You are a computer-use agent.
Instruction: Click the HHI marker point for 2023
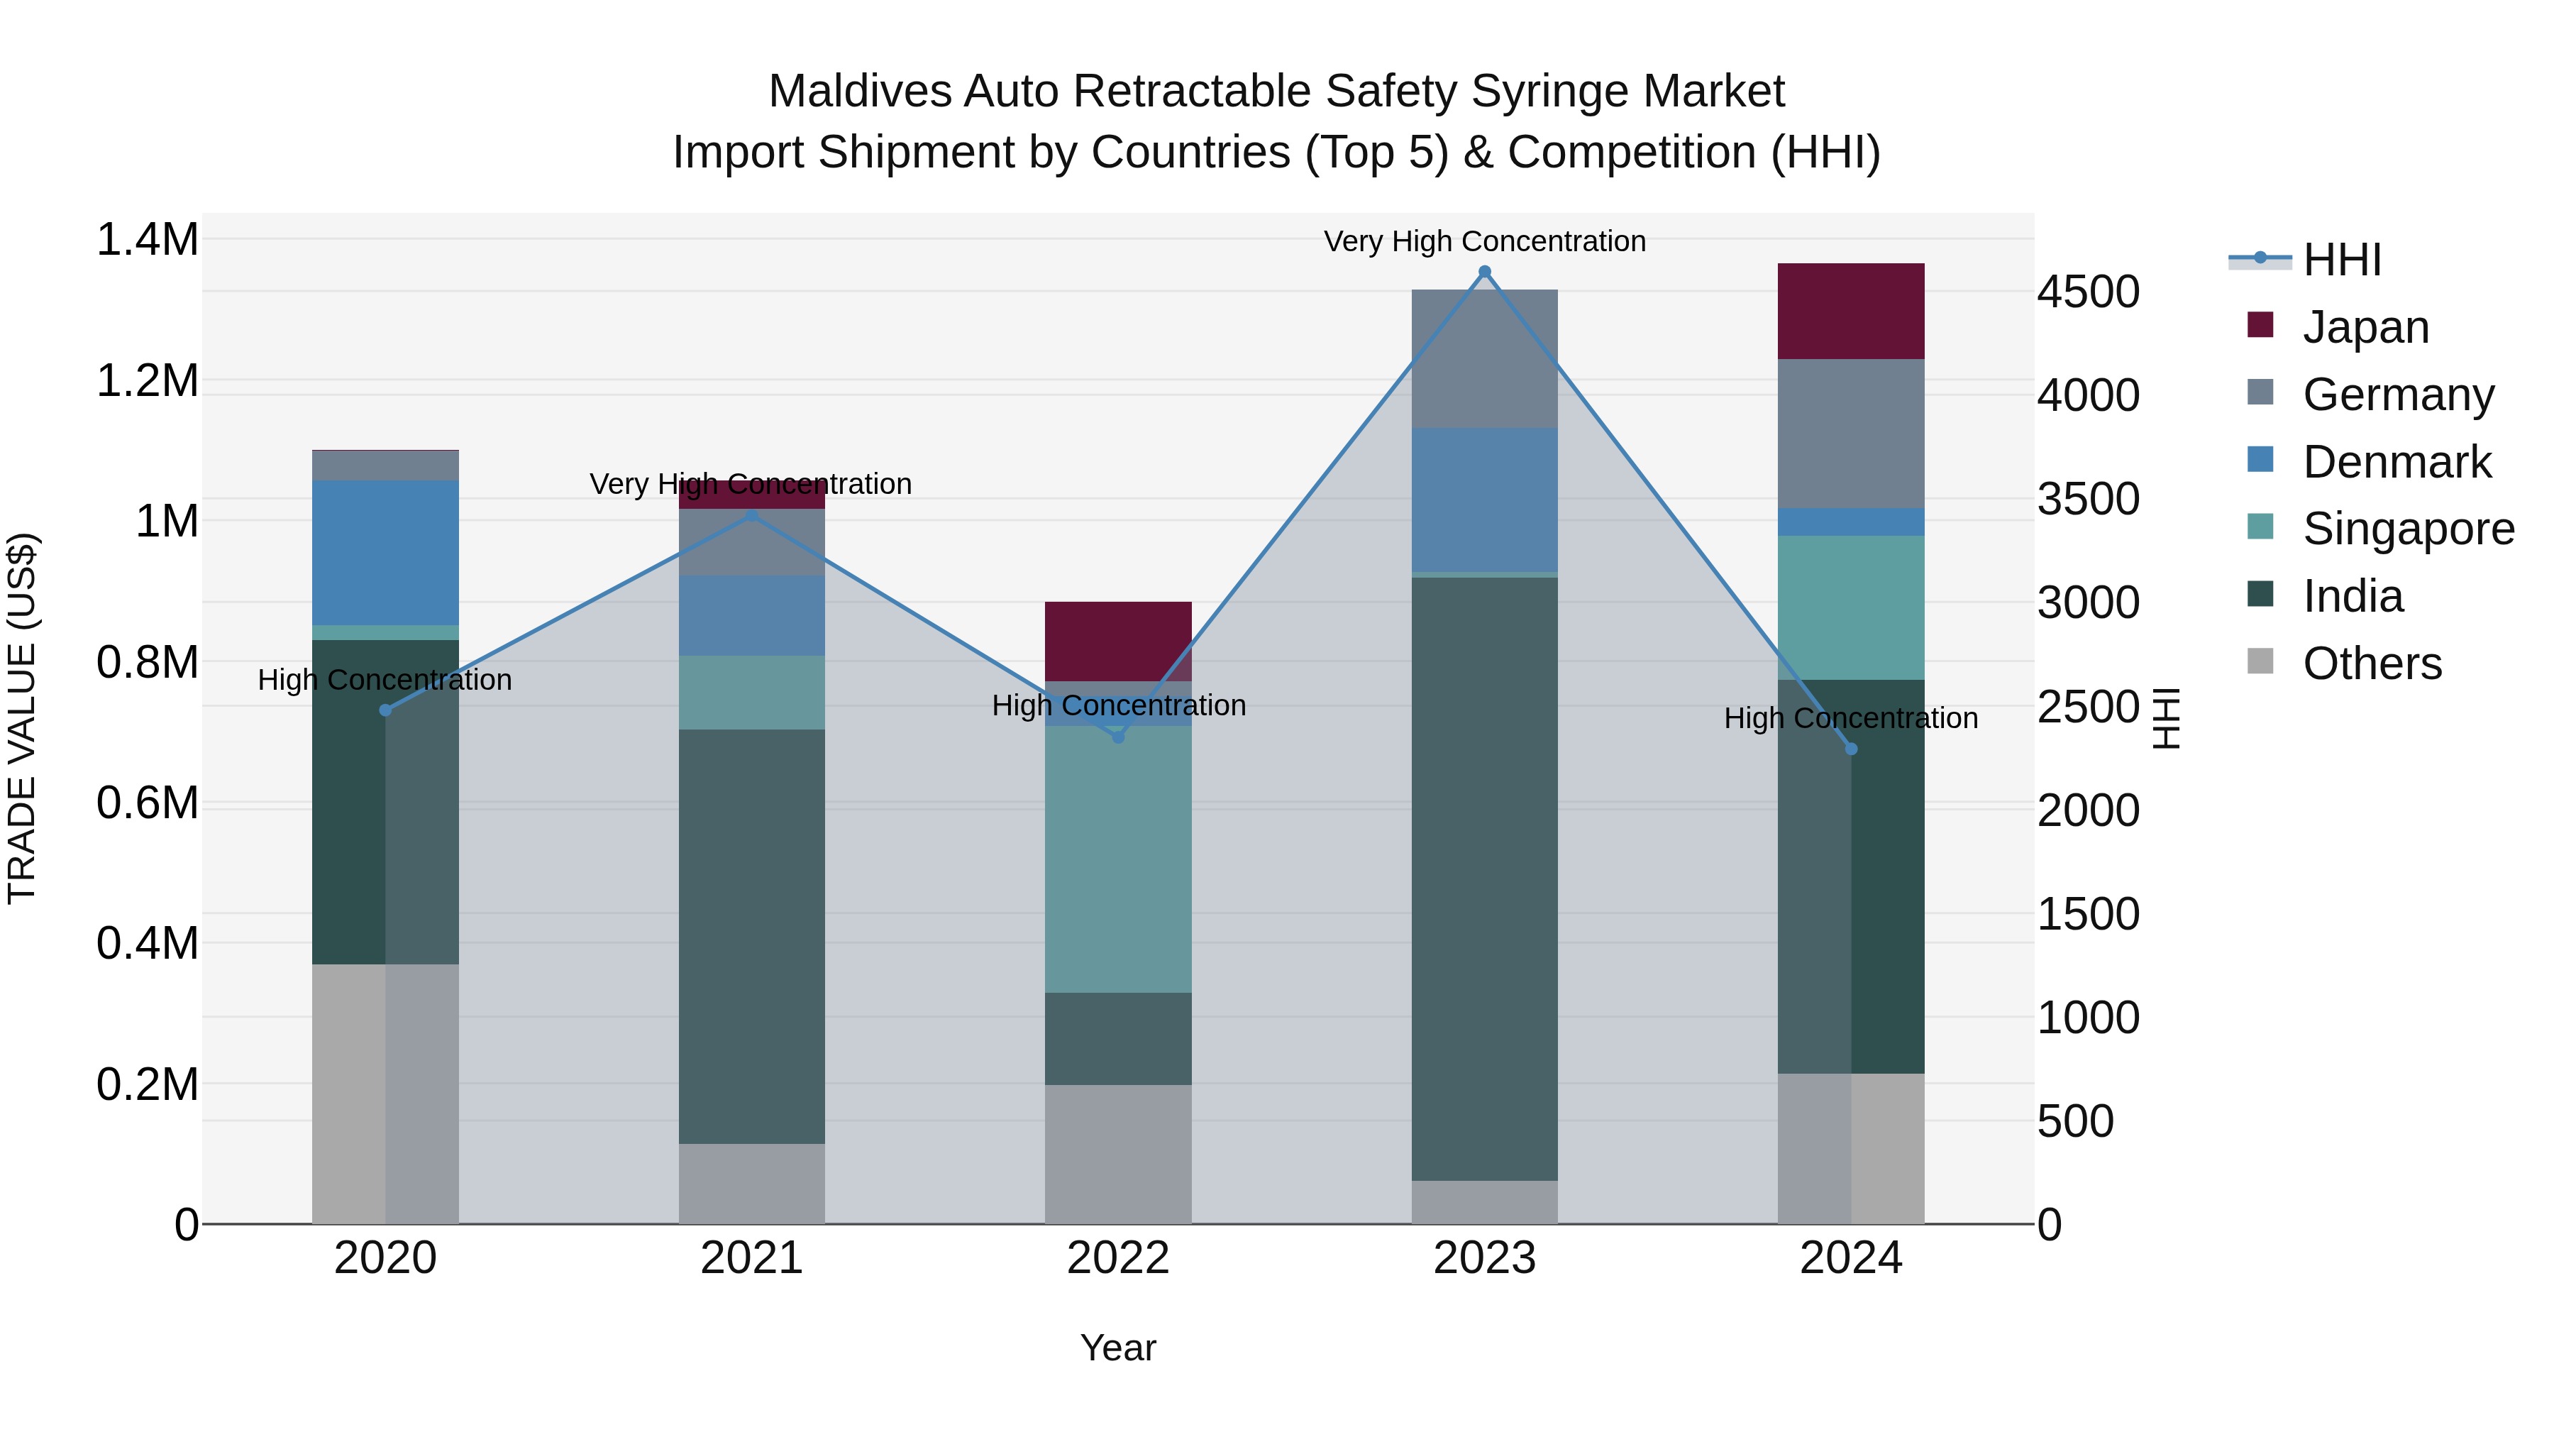[1484, 272]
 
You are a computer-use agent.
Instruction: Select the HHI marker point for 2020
[386, 710]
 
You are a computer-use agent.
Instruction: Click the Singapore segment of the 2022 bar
[1117, 859]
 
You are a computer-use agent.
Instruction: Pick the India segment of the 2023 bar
[1484, 879]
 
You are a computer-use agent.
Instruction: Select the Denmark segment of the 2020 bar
[386, 552]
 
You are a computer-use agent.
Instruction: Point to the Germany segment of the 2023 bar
[1484, 359]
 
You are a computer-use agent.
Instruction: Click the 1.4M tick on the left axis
[147, 240]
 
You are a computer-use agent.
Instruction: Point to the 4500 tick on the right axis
[2088, 292]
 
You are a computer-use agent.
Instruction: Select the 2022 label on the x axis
[1117, 1258]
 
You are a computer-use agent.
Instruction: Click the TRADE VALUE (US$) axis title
[22, 718]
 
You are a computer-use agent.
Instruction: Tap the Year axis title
[1117, 1348]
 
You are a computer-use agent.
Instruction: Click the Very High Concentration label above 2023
[1484, 241]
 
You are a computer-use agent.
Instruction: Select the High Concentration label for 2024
[1850, 718]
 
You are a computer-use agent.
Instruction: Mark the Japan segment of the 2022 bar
[1117, 641]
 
